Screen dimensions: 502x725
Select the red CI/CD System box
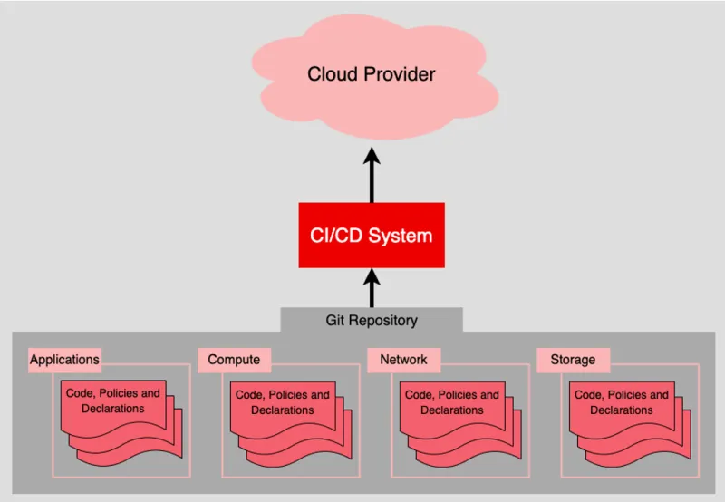click(372, 236)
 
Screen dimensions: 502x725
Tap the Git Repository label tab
click(372, 320)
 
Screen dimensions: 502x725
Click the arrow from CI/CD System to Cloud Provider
click(372, 177)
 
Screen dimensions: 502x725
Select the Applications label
click(64, 360)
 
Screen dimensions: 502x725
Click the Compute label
click(234, 360)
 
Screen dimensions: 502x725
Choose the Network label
click(403, 360)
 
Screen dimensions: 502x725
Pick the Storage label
click(573, 360)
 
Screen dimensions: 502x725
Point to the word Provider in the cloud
click(399, 74)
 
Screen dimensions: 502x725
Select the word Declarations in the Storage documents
click(622, 410)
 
